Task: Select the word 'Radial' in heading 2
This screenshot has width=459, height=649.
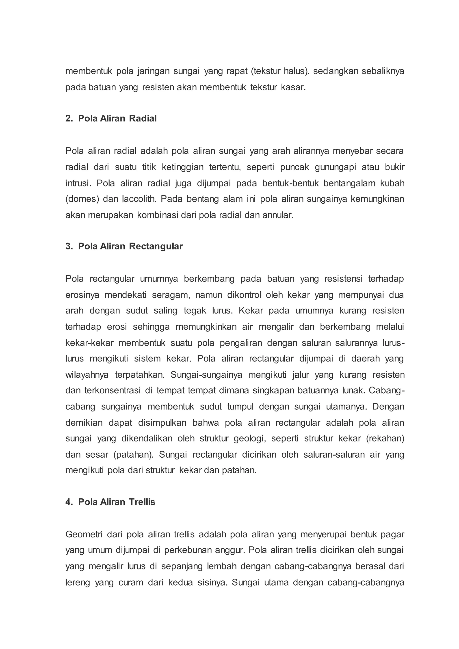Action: [x=143, y=118]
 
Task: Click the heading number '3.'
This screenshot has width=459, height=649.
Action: [x=69, y=246]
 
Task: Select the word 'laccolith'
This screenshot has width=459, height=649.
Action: [x=139, y=199]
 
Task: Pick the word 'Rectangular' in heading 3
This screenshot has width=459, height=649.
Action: [x=156, y=246]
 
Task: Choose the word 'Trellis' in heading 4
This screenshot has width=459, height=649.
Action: [x=142, y=502]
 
